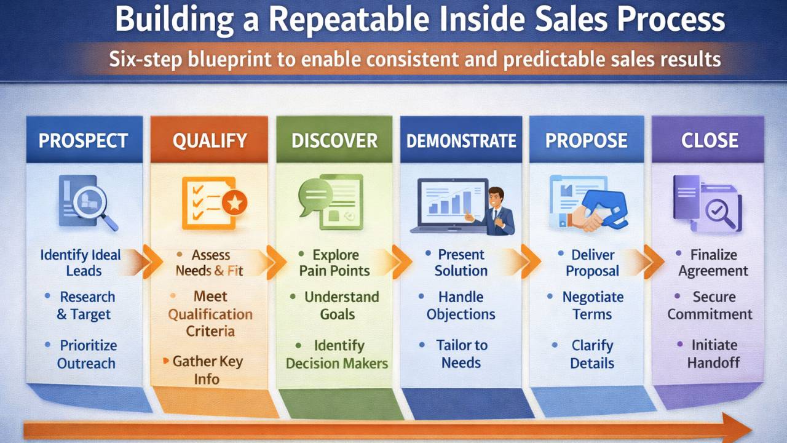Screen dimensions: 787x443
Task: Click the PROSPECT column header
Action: pyautogui.click(x=83, y=141)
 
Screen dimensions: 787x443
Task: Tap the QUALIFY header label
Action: pyautogui.click(x=210, y=141)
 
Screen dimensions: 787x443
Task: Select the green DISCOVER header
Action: pyautogui.click(x=334, y=141)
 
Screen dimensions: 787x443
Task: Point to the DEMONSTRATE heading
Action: pyautogui.click(x=461, y=141)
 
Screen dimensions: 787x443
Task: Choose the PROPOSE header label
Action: pyautogui.click(x=587, y=141)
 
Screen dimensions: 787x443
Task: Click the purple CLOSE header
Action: pyautogui.click(x=710, y=141)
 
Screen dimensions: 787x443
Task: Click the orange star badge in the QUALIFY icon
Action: pyautogui.click(x=234, y=202)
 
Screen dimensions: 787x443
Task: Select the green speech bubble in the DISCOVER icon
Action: pyautogui.click(x=315, y=198)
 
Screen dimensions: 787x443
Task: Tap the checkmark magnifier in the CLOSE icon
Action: pyautogui.click(x=719, y=214)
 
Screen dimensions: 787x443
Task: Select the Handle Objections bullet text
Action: pyautogui.click(x=461, y=306)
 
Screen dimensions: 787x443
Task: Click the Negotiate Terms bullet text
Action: pyautogui.click(x=593, y=306)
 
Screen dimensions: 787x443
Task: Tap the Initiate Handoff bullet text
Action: pyautogui.click(x=714, y=354)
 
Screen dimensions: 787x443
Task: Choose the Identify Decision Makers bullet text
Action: pyautogui.click(x=337, y=354)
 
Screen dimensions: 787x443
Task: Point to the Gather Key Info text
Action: pyautogui.click(x=207, y=370)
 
